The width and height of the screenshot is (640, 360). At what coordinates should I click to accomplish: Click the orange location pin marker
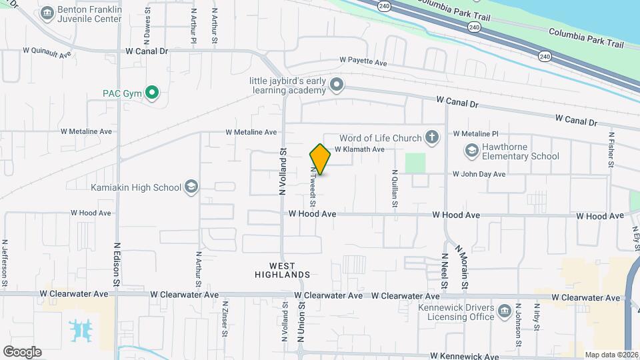point(320,159)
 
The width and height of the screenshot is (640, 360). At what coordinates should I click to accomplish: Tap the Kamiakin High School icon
point(192,187)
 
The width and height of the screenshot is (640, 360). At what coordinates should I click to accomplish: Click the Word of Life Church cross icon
point(432,138)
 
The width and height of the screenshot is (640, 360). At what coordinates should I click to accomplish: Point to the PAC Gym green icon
point(152,93)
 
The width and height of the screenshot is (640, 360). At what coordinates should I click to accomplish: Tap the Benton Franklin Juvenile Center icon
point(47,13)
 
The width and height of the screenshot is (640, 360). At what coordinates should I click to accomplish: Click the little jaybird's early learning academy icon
point(336,85)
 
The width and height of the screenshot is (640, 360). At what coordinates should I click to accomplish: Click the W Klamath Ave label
point(359,149)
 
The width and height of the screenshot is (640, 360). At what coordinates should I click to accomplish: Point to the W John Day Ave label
point(479,174)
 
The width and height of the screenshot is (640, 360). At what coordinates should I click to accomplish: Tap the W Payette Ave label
point(363,62)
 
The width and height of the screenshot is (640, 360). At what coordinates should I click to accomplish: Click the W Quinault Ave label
point(47,50)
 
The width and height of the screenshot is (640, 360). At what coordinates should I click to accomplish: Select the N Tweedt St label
point(311,187)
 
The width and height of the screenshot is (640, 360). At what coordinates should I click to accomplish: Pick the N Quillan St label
point(395,189)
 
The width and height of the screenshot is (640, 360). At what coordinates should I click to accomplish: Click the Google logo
point(22,352)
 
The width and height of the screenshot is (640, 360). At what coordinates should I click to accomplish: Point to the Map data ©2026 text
point(611,355)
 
